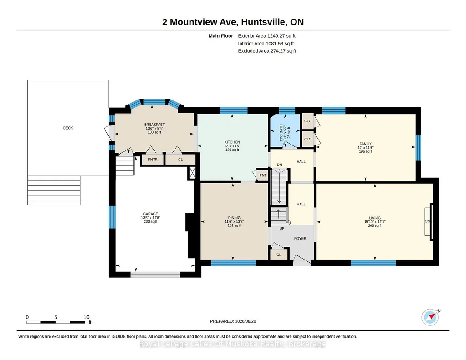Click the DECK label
[68, 128]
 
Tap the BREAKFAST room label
[154, 125]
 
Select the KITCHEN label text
[232, 142]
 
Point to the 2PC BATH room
[285, 131]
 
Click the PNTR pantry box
[153, 160]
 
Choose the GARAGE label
[150, 214]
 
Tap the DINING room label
[234, 218]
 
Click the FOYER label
[300, 239]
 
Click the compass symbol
[430, 317]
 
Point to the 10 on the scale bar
[86, 317]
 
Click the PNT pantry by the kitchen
[263, 175]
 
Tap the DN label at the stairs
[279, 165]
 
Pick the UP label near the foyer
[282, 229]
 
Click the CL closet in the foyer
[279, 255]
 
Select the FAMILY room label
[365, 144]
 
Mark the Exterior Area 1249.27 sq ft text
[266, 36]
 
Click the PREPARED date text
[233, 321]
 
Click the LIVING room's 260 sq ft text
[375, 226]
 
